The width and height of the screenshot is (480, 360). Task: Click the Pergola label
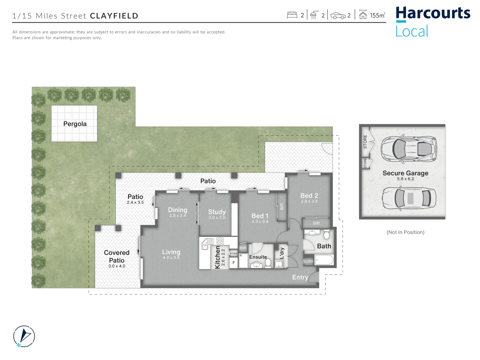pyautogui.click(x=75, y=124)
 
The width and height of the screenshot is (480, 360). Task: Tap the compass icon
pyautogui.click(x=24, y=336)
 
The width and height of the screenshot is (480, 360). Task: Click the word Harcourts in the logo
pyautogui.click(x=433, y=13)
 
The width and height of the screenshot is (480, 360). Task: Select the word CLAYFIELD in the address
pyautogui.click(x=114, y=16)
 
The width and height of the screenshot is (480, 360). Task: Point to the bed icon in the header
pyautogui.click(x=292, y=15)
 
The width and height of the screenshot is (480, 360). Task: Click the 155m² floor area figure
pyautogui.click(x=377, y=15)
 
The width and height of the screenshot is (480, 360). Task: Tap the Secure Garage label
pyautogui.click(x=405, y=173)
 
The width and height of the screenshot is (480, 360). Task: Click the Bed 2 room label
pyautogui.click(x=309, y=196)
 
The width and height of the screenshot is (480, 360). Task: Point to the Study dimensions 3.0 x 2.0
pyautogui.click(x=217, y=218)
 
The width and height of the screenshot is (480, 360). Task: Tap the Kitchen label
pyautogui.click(x=217, y=257)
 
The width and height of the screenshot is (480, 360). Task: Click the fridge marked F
pyautogui.click(x=233, y=263)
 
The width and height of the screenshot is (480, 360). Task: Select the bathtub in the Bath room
pyautogui.click(x=324, y=260)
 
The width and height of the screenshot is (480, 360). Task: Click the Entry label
pyautogui.click(x=300, y=277)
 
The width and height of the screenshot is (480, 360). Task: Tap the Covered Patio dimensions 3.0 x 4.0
pyautogui.click(x=116, y=266)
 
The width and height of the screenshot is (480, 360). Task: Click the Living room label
pyautogui.click(x=171, y=252)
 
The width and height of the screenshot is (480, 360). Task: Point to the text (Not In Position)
pyautogui.click(x=405, y=232)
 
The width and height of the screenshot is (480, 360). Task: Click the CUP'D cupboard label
pyautogui.click(x=309, y=261)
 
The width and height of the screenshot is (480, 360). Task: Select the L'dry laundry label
pyautogui.click(x=282, y=253)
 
